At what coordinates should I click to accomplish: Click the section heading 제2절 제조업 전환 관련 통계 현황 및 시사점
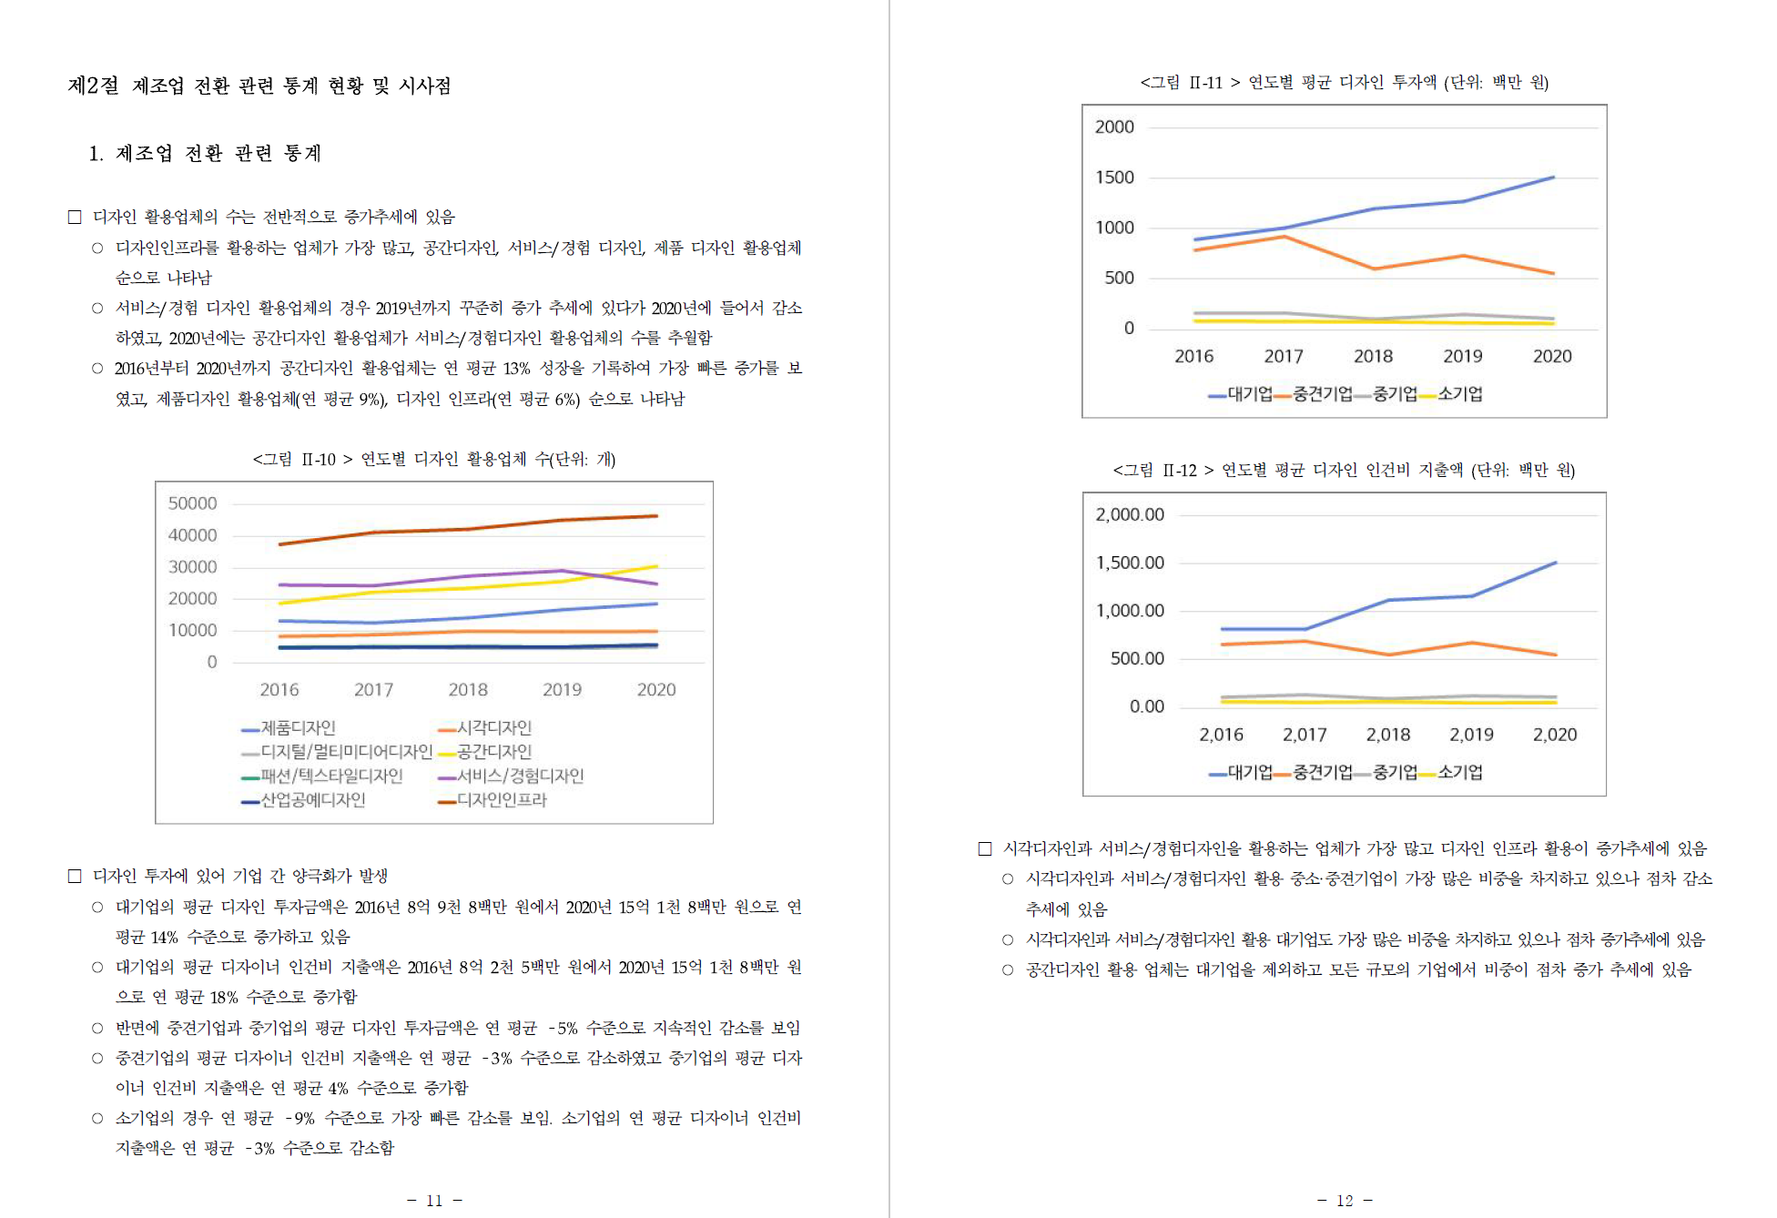[259, 86]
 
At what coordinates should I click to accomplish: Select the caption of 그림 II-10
[433, 459]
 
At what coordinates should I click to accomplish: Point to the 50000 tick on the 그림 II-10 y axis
[192, 503]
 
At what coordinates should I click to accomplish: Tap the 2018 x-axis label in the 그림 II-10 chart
[468, 690]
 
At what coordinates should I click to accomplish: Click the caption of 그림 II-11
[1344, 83]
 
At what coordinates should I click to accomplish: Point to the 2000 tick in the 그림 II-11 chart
[1114, 127]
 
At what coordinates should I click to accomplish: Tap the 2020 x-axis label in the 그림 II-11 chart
[1552, 357]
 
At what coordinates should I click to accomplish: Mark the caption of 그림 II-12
[1344, 470]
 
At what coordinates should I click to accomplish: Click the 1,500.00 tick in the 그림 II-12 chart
[1130, 563]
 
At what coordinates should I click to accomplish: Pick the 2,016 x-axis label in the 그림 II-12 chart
[1221, 736]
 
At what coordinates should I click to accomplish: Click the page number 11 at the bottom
[434, 1201]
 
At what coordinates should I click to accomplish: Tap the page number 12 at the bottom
[1345, 1201]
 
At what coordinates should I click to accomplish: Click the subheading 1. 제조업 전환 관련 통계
[205, 153]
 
